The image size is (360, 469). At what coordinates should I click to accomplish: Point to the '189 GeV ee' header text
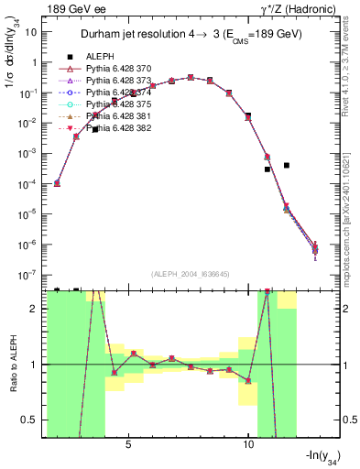[x=73, y=8]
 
